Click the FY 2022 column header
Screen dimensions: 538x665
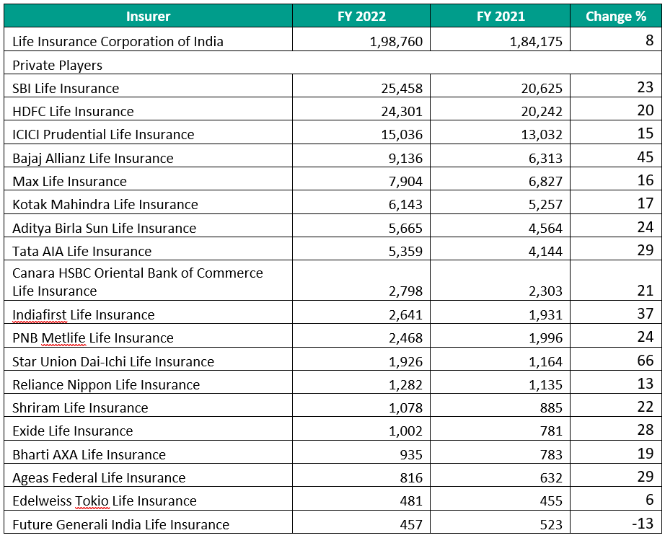[x=361, y=17]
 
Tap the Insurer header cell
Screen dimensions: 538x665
[x=148, y=17]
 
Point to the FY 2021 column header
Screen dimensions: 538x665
[x=501, y=17]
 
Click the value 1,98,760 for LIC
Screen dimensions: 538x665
[x=396, y=41]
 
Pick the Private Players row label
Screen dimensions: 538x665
[x=58, y=65]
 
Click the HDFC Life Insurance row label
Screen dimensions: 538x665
[x=73, y=111]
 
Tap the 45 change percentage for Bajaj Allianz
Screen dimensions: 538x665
[x=645, y=157]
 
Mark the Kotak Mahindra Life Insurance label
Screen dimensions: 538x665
[x=105, y=204]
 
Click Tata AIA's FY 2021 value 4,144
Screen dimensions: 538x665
[x=545, y=251]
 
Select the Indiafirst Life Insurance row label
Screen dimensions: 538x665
[x=84, y=314]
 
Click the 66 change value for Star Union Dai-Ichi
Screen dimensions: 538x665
[x=645, y=361]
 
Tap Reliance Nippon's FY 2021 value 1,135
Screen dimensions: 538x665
[x=545, y=384]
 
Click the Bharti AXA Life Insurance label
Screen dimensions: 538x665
[x=89, y=454]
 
